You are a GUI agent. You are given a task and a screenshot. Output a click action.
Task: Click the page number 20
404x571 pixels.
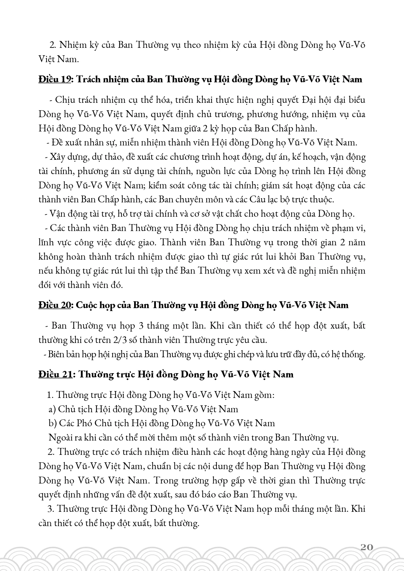367,547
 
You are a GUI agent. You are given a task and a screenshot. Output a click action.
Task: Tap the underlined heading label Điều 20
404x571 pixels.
55,305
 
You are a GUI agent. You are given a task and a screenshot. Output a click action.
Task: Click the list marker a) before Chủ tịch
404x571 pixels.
52,409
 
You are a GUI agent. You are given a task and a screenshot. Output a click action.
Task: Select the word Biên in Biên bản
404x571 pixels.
56,354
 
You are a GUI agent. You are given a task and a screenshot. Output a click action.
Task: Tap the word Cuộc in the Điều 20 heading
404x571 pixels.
87,305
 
